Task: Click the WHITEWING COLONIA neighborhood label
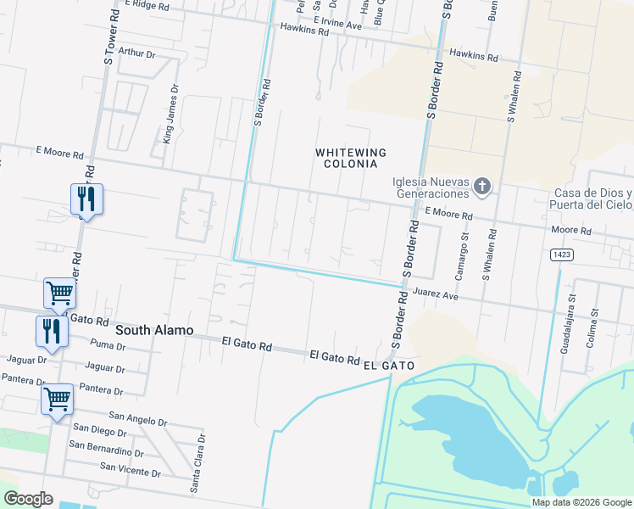[x=351, y=158]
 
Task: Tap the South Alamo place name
[x=154, y=330]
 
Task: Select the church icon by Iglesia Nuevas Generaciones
[x=481, y=186]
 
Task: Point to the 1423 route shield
[x=559, y=254]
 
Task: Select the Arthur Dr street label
[x=137, y=53]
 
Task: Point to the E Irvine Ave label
[x=336, y=22]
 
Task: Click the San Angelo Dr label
[x=139, y=422]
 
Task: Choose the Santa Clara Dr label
[x=197, y=463]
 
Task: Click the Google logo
[x=27, y=499]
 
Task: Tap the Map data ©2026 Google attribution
[x=581, y=502]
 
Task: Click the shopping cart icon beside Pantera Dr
[x=57, y=396]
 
